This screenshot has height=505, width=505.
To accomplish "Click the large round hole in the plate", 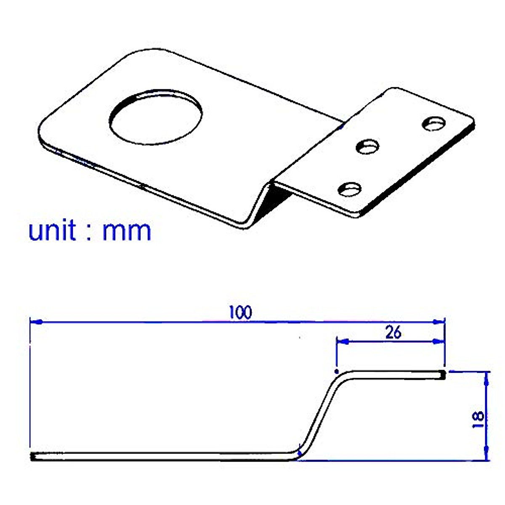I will [155, 117].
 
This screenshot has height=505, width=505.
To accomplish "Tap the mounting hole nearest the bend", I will [367, 147].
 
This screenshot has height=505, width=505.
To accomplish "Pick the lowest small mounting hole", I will [350, 189].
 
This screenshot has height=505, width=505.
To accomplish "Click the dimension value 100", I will [240, 313].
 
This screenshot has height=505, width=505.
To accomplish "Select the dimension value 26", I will [393, 332].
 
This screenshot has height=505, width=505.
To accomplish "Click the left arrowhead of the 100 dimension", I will [36, 322].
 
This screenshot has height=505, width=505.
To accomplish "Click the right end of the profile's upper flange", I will [443, 375].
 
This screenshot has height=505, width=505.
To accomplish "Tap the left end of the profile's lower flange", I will [33, 457].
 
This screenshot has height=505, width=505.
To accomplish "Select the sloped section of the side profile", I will [320, 415].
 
